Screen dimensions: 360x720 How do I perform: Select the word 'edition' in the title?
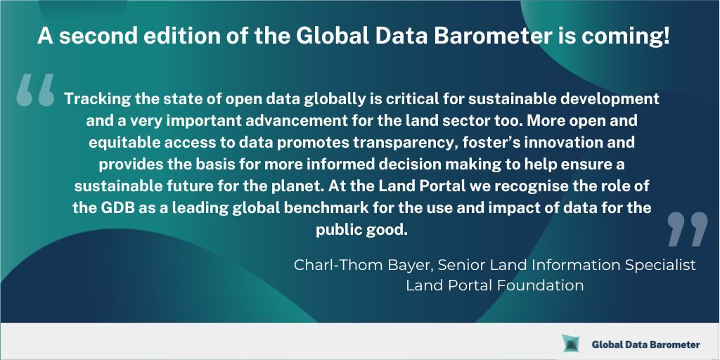coord(162,37)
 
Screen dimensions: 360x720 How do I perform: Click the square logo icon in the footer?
coord(570,344)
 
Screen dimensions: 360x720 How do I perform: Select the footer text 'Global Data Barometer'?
coord(645,345)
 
